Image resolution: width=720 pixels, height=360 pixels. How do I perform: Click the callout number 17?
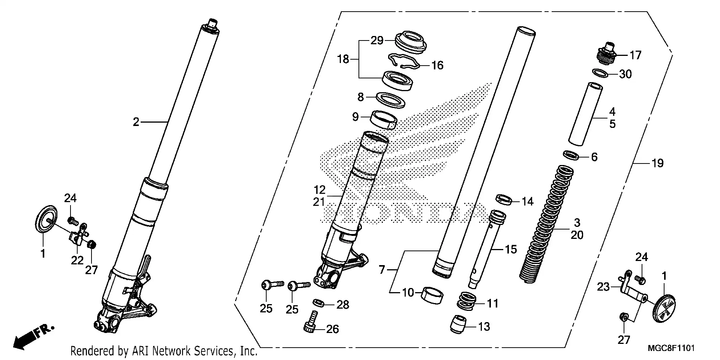tap(636, 55)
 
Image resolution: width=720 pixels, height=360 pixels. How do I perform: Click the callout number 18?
tap(343, 59)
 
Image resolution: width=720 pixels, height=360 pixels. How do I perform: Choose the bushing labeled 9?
tap(384, 119)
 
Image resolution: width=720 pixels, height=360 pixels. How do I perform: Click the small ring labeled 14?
tap(504, 199)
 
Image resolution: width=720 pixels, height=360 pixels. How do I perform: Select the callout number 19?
tap(657, 163)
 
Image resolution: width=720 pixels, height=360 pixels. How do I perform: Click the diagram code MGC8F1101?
tap(671, 348)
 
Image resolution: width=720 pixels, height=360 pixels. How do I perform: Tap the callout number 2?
tap(136, 121)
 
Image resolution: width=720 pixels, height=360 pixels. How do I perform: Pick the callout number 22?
tap(77, 260)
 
